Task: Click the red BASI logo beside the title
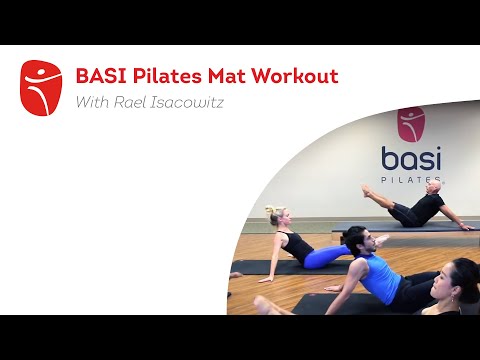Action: pos(40,88)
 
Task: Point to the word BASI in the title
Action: pos(99,76)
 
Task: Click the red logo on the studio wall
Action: pos(410,125)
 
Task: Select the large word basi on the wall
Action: pos(411,159)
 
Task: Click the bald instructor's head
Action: pos(433,187)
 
